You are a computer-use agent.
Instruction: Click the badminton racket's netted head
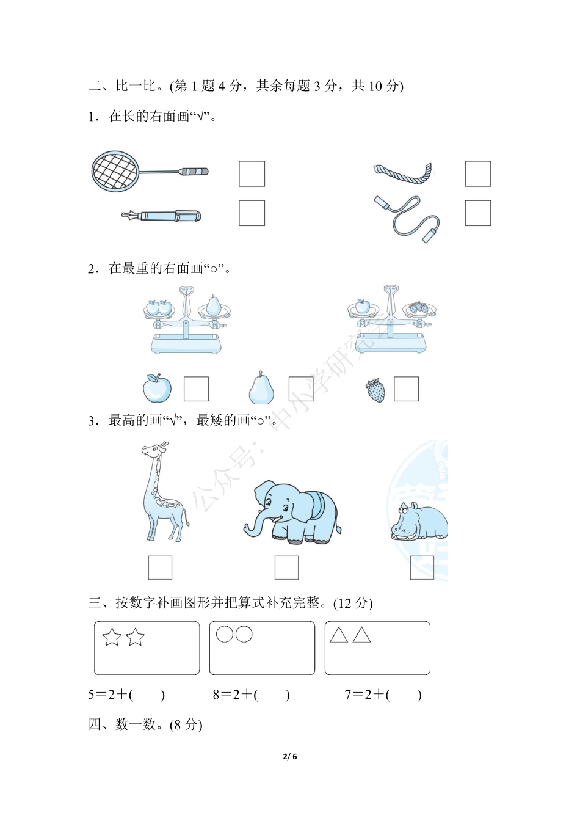point(115,171)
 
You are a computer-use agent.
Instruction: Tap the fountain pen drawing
point(161,216)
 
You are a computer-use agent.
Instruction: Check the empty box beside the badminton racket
point(252,173)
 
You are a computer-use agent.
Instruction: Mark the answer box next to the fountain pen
point(252,213)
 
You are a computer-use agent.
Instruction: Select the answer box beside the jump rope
point(478,213)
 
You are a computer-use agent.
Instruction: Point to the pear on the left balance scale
point(214,305)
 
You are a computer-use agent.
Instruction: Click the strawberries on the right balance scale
point(419,308)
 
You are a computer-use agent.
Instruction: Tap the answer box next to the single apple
point(196,389)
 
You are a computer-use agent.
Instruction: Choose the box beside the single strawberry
point(407,389)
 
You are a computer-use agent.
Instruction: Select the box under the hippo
point(422,567)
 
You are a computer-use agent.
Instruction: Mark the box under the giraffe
point(160,567)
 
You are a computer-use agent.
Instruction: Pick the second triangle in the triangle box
point(361,635)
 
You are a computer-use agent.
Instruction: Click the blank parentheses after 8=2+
point(272,695)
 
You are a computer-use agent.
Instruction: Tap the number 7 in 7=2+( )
point(348,695)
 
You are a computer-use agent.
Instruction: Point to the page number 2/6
point(290,756)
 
